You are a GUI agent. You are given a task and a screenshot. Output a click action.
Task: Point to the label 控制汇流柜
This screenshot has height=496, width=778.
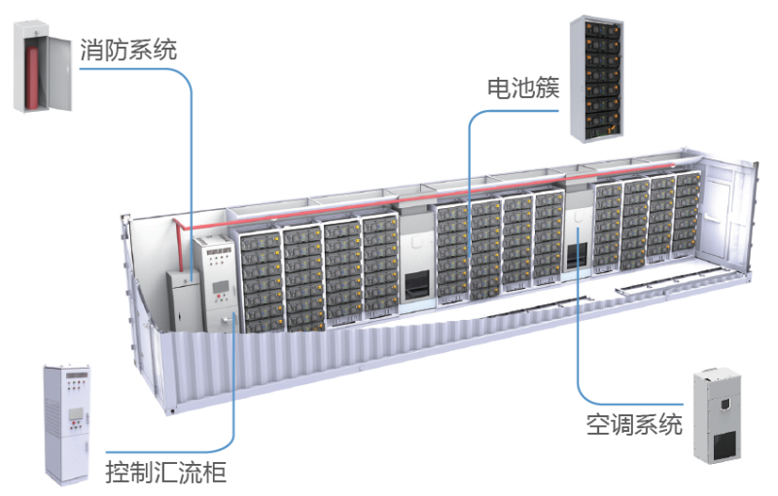pos(166,474)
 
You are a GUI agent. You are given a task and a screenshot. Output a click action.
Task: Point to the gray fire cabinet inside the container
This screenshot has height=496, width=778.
pos(182,300)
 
